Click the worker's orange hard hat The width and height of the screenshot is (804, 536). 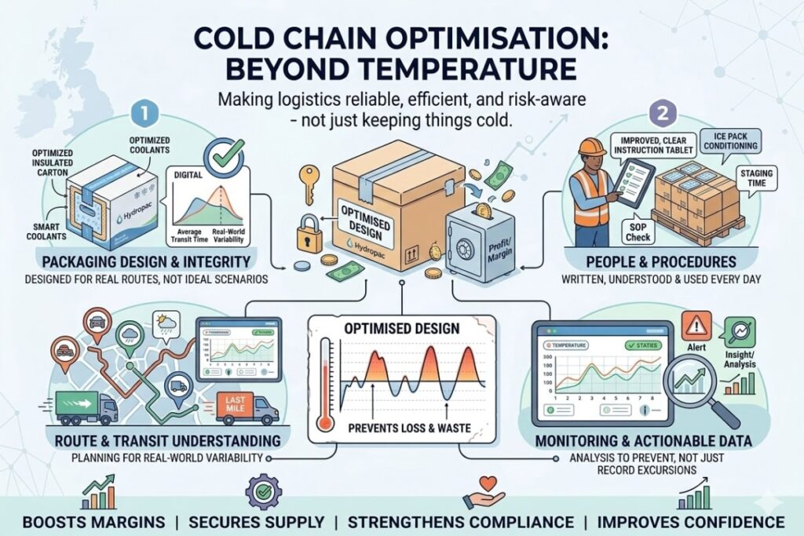coord(591,146)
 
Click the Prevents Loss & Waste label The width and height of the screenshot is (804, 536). coord(401,429)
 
